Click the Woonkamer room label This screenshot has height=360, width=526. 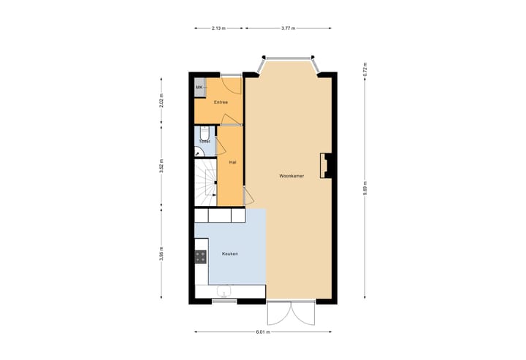[291, 176]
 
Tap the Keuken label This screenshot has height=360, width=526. [230, 253]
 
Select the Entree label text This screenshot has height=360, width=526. [221, 102]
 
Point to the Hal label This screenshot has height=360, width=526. [232, 161]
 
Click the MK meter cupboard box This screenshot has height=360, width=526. [199, 88]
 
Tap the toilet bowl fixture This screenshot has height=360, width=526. [199, 152]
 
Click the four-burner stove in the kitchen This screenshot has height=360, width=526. [201, 257]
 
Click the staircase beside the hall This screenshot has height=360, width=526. [205, 183]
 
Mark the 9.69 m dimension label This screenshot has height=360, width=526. [365, 191]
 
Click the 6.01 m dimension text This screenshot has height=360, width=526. [264, 332]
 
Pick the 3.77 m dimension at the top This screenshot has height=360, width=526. [289, 28]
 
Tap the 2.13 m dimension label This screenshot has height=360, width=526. [218, 28]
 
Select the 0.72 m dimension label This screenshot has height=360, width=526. [365, 70]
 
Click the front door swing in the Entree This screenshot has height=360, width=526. [228, 87]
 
